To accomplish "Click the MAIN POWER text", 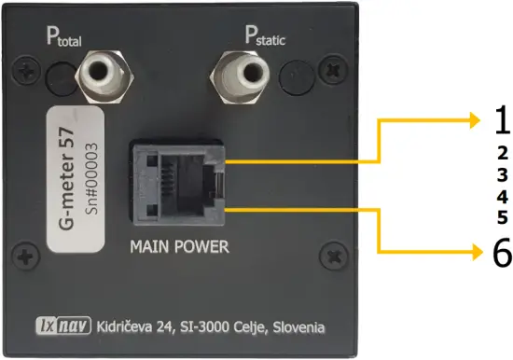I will coord(180,249).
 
